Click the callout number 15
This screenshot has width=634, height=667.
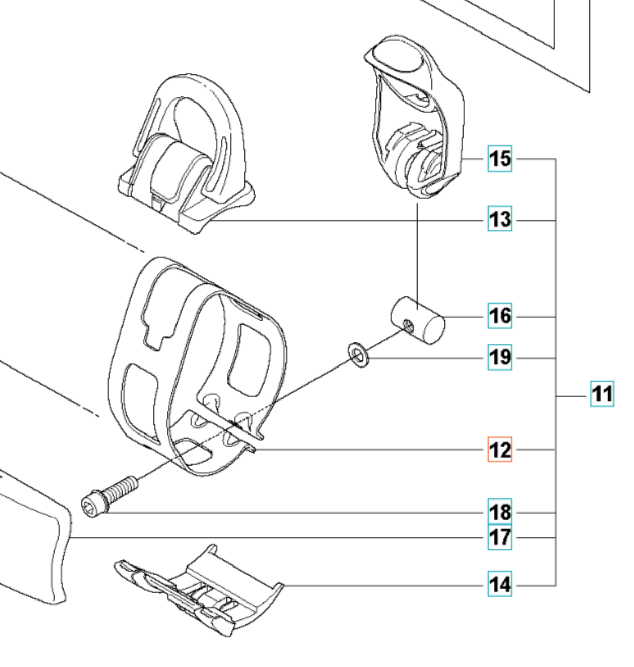click(500, 158)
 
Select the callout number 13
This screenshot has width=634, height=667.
click(500, 219)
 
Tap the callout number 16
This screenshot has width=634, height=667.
click(500, 316)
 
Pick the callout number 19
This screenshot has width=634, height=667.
click(500, 357)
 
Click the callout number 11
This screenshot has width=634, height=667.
click(602, 394)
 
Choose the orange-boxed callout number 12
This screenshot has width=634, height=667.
click(500, 450)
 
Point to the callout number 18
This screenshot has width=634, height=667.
click(500, 512)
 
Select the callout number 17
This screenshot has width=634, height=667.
click(500, 537)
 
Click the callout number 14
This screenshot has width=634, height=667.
click(500, 585)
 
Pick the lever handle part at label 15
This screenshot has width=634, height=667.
click(416, 127)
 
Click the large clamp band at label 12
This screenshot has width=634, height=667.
click(198, 365)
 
